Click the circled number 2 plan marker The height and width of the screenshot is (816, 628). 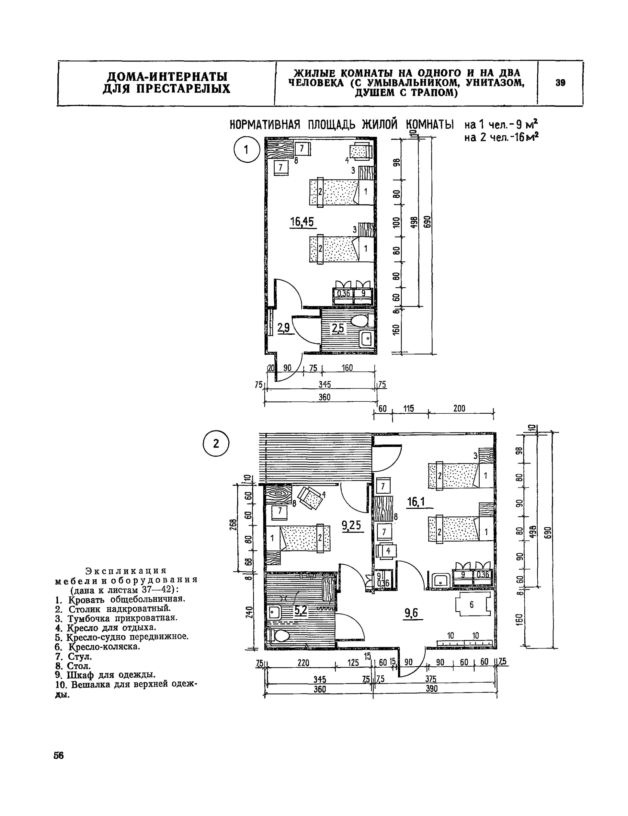tap(216, 443)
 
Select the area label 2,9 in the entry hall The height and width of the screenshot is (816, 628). tap(283, 327)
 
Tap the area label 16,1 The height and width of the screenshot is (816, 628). tap(416, 502)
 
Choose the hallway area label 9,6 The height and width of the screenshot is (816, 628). tap(411, 613)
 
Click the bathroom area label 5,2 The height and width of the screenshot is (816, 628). tap(301, 610)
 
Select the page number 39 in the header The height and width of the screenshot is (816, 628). tap(560, 83)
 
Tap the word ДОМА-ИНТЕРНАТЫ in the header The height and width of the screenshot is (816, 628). tap(167, 77)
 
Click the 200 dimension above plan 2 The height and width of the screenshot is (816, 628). tap(459, 408)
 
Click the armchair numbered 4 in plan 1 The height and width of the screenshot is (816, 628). tap(361, 152)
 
